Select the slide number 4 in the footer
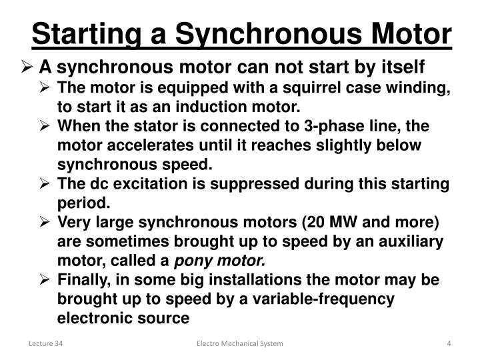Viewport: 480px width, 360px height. [x=449, y=343]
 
